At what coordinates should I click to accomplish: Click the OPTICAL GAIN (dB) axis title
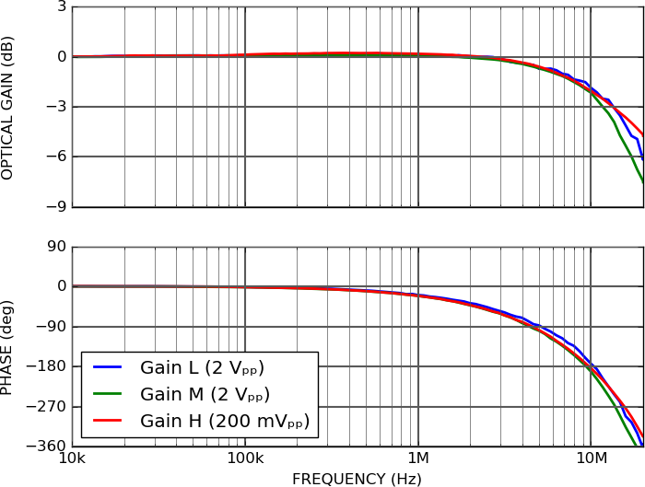coord(8,108)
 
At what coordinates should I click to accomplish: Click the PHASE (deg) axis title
coord(8,347)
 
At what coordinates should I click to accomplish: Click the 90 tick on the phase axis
coord(55,247)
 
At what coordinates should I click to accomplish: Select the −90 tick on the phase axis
coord(51,326)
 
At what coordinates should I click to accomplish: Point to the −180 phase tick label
coord(47,366)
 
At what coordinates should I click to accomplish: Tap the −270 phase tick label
coord(47,406)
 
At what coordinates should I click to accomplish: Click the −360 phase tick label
coord(47,446)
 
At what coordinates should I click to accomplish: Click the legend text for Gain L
coord(202,368)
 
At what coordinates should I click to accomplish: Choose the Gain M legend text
coord(205,395)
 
